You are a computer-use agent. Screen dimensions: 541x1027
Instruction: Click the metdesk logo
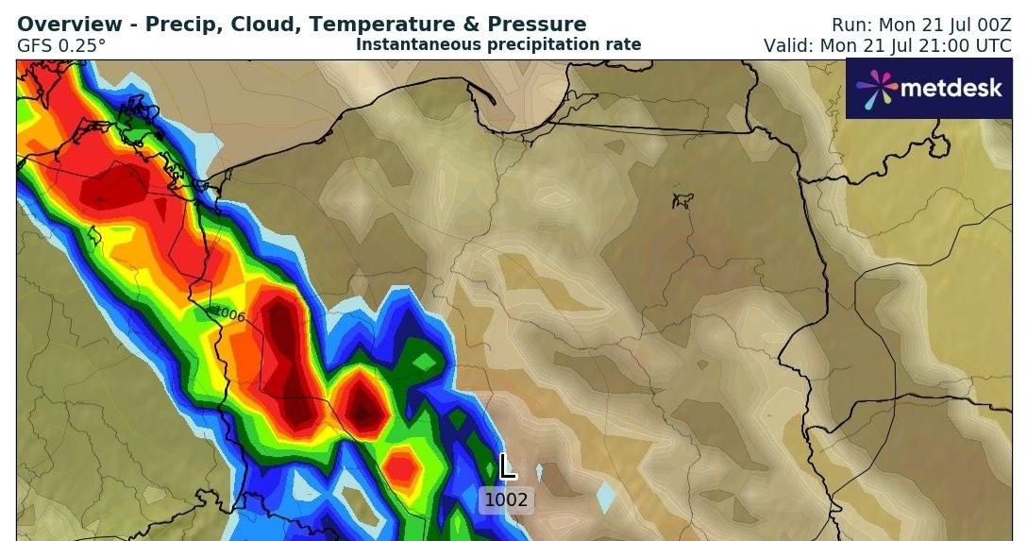point(929,89)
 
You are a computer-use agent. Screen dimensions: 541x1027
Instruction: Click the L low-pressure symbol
point(507,465)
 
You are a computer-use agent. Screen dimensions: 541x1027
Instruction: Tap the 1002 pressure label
point(507,500)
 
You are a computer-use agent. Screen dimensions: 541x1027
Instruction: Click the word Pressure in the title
point(536,25)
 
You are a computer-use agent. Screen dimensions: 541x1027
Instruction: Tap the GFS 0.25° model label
point(61,44)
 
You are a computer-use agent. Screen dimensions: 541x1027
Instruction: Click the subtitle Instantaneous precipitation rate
point(498,44)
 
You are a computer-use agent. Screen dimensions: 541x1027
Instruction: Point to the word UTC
point(990,44)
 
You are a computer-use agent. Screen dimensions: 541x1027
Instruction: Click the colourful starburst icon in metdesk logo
point(876,89)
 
